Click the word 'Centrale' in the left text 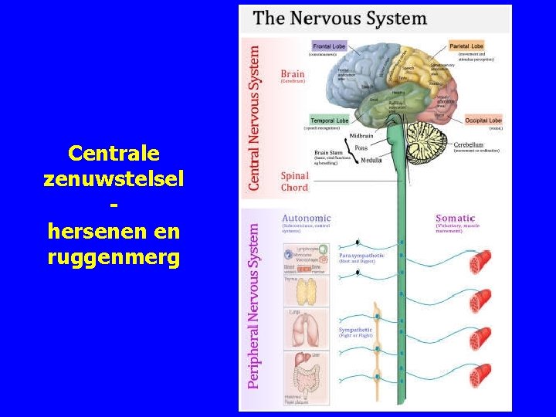click(x=114, y=152)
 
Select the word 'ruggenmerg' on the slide click(x=114, y=257)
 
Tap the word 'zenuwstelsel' click(x=114, y=178)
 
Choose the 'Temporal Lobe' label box click(x=330, y=120)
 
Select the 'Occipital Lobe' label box click(x=483, y=120)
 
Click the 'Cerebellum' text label click(x=468, y=144)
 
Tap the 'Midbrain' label click(x=361, y=136)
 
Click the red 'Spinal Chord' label click(x=294, y=181)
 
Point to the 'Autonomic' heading click(x=307, y=218)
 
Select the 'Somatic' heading click(x=456, y=219)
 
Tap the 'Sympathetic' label click(x=356, y=330)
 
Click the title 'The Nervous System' click(x=340, y=19)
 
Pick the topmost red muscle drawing click(x=480, y=263)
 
